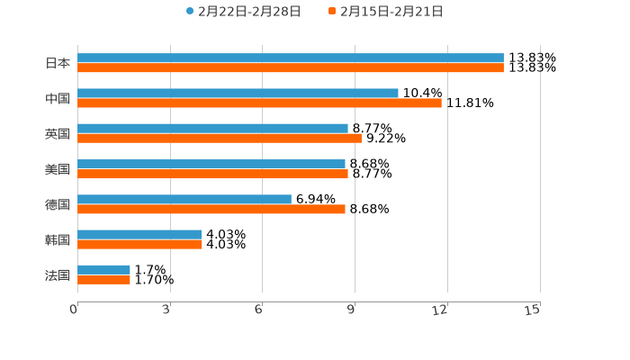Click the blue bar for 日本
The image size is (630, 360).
point(290,58)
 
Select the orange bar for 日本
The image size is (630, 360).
point(290,67)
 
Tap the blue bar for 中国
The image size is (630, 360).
point(238,93)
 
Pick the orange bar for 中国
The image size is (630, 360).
point(259,103)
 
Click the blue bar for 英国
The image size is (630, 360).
point(212,128)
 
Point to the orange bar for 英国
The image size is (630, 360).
point(220,138)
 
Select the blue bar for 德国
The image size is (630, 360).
point(184,199)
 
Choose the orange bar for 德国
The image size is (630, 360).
point(211,209)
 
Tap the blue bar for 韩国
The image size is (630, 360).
point(139,234)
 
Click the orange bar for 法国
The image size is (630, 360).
point(103,279)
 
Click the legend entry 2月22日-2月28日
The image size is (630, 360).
point(243,12)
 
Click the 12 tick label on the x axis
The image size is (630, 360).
point(441,310)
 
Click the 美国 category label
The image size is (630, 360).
point(58,169)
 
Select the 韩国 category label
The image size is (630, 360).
point(58,239)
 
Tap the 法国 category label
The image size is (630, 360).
point(58,274)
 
